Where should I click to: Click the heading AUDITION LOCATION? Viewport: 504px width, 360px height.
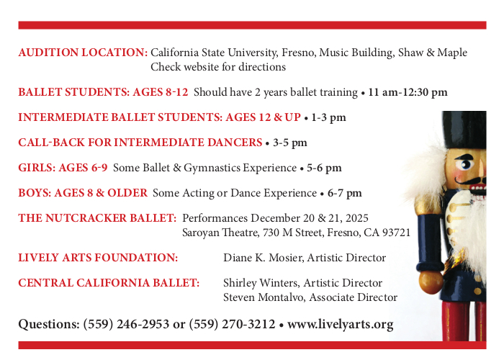pos(83,53)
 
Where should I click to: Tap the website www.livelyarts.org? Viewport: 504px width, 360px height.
pos(341,324)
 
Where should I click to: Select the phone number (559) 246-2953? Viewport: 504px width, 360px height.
pos(126,324)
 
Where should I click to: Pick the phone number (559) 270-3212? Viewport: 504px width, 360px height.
pos(232,324)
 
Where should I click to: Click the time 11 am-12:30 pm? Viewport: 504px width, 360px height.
pos(408,92)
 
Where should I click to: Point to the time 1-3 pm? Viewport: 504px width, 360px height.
pos(328,117)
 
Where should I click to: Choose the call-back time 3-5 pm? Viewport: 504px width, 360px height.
pos(290,143)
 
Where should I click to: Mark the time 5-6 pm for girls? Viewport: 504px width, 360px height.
pos(324,168)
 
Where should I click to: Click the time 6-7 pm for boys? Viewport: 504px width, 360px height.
pos(345,193)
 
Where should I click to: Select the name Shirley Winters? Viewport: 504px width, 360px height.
pos(261,283)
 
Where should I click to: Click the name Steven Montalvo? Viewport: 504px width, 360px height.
pos(264,297)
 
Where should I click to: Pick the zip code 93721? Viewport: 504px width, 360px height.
pos(396,233)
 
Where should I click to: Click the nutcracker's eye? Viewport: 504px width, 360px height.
pos(464,165)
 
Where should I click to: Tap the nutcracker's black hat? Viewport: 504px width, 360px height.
pos(464,130)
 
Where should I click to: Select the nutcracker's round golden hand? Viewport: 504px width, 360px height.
pos(431,282)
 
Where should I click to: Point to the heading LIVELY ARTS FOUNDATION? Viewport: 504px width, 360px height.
pos(98,258)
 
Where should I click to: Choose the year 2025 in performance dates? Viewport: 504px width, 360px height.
pos(357,218)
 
